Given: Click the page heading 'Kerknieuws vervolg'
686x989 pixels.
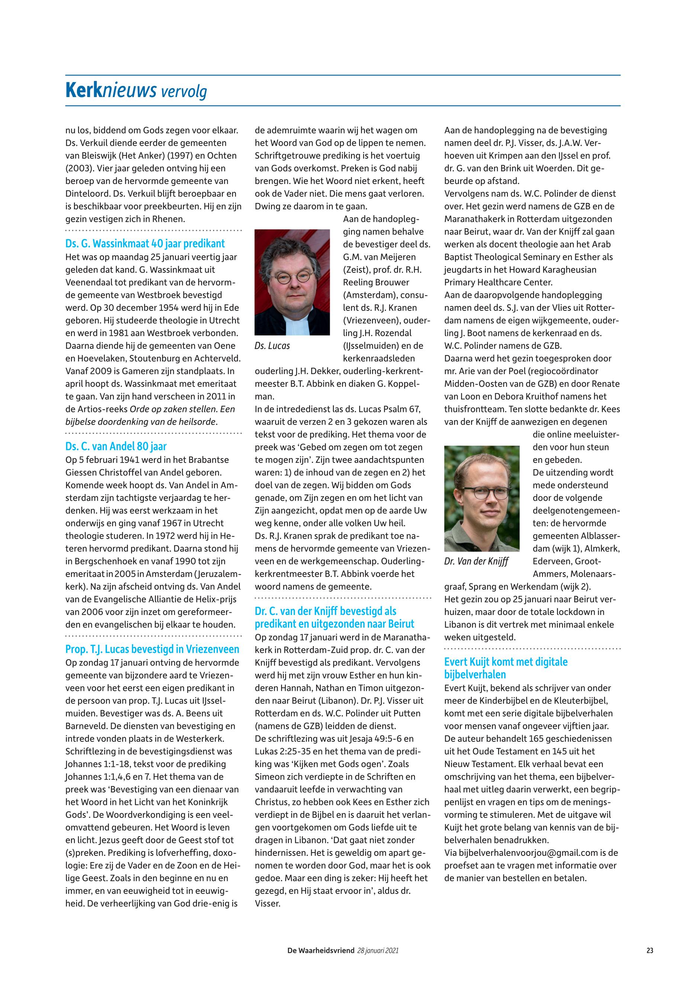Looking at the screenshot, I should pos(136,91).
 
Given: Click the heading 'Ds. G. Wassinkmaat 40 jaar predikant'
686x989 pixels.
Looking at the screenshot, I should pos(145,244).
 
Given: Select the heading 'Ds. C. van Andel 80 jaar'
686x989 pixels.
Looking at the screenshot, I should pos(116,446).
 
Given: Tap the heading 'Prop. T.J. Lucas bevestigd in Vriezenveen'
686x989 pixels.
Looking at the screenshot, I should pos(152,649).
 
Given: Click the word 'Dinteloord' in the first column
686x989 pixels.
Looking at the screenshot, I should pos(85,193).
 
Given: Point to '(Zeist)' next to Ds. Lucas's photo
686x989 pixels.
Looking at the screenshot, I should pos(355,270).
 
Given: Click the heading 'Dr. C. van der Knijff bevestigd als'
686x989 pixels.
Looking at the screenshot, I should pos(325,611).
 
